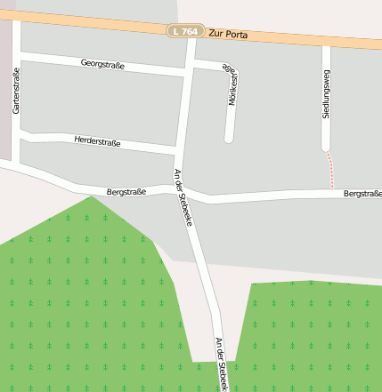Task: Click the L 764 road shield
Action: (x=186, y=31)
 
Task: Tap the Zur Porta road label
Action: (x=228, y=35)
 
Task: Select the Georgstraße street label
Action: (x=102, y=64)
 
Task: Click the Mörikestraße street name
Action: (x=232, y=85)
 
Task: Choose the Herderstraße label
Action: (x=97, y=141)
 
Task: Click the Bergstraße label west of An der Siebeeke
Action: (x=126, y=191)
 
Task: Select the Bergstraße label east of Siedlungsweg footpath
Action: (x=362, y=193)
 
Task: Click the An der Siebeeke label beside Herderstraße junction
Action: (x=183, y=196)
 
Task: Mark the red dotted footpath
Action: (x=331, y=168)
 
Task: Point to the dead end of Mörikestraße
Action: (x=229, y=139)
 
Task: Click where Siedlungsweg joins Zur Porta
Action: (x=326, y=42)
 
